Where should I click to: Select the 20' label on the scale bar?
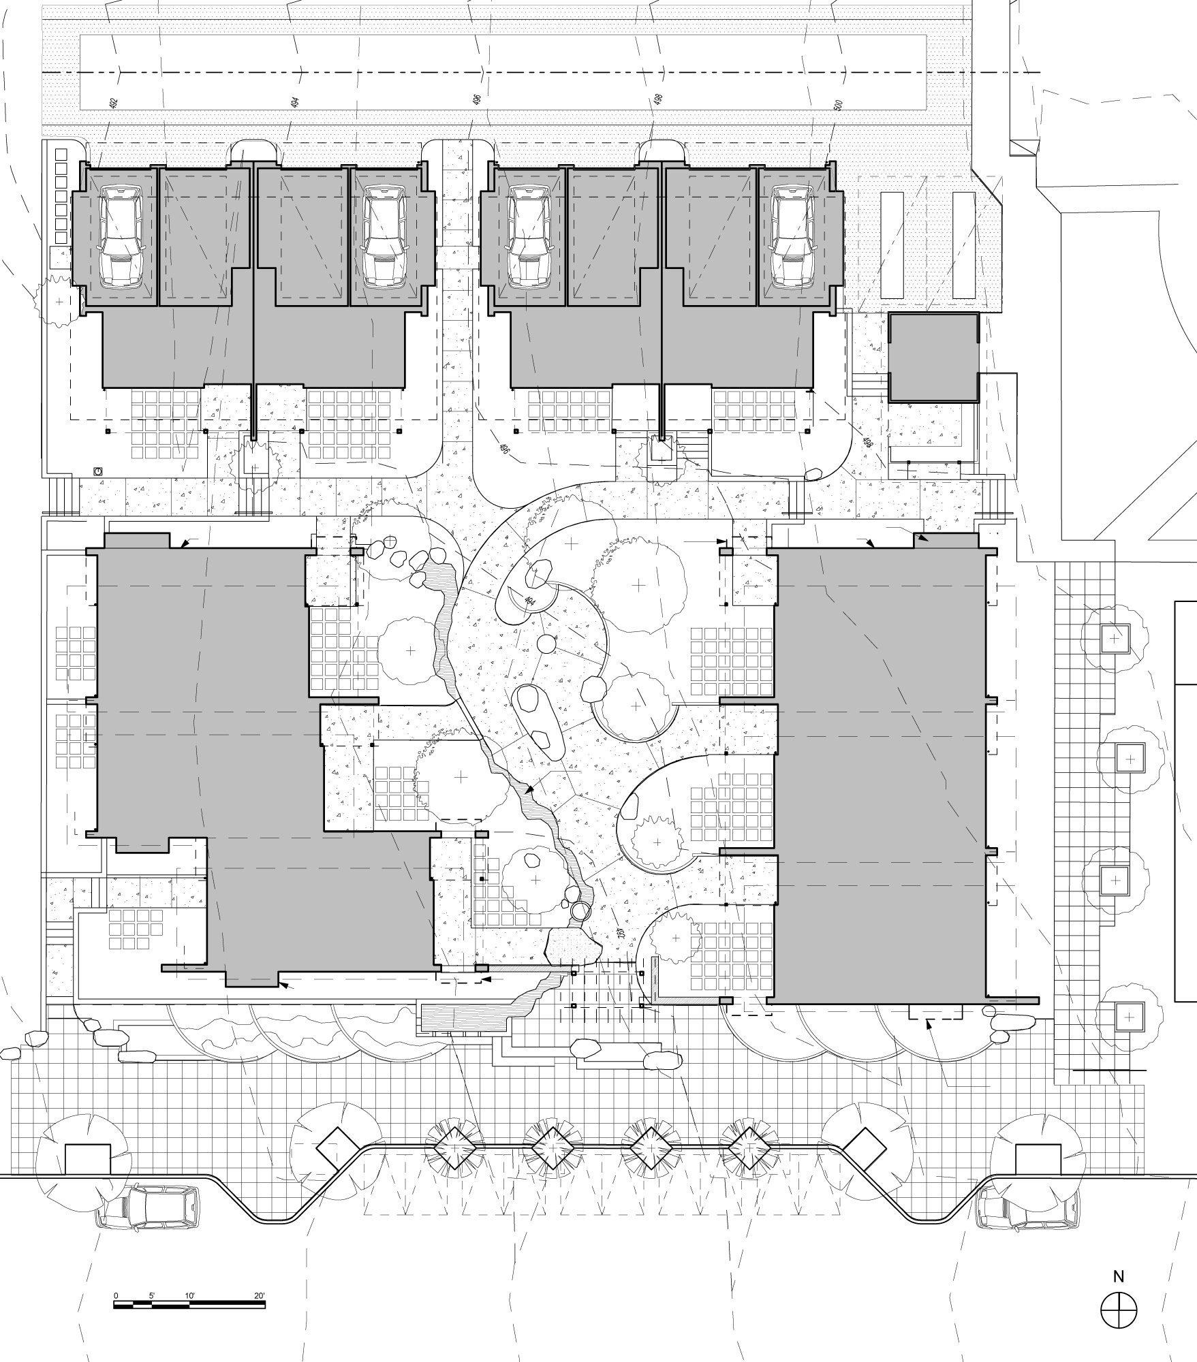click(259, 1295)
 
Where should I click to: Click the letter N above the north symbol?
click(1119, 1276)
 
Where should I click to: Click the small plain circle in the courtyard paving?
click(546, 644)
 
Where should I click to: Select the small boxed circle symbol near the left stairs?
click(98, 471)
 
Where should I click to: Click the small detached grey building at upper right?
click(933, 357)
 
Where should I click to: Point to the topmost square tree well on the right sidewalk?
click(1113, 639)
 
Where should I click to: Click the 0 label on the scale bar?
click(116, 1295)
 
